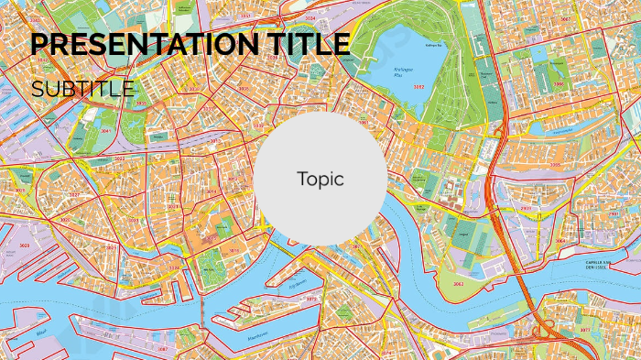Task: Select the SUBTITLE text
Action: coord(82,89)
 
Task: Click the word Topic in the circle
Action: coord(320,179)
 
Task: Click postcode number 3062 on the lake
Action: coord(418,86)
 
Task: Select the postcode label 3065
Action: coord(556,165)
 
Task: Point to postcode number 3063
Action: coord(457,285)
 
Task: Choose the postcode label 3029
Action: coord(24,246)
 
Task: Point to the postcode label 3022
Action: coord(120,158)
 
